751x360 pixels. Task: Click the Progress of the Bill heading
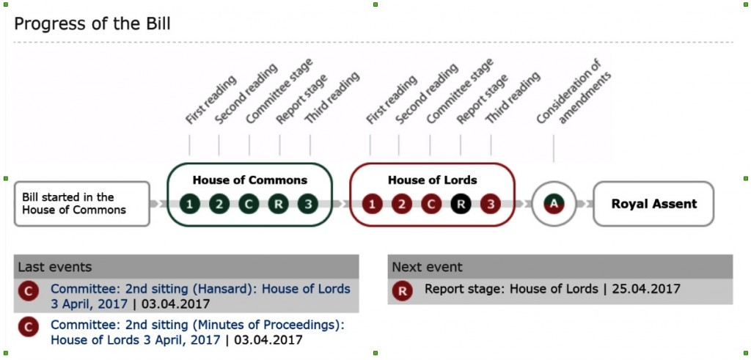(92, 23)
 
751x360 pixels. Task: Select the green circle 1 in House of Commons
(190, 205)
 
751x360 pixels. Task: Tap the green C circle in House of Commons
(249, 205)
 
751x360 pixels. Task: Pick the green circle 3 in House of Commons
(308, 205)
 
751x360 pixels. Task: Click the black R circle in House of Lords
(461, 205)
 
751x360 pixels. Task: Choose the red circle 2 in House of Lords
(402, 205)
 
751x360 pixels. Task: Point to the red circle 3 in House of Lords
(491, 205)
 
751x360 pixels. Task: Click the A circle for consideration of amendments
(554, 204)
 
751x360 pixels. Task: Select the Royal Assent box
(653, 203)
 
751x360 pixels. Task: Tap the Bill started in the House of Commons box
(82, 203)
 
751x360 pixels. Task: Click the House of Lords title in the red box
(433, 180)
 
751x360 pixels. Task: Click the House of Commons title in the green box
(250, 180)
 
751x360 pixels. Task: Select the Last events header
(55, 267)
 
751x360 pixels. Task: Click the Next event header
(428, 267)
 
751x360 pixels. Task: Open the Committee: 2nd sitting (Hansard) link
(201, 296)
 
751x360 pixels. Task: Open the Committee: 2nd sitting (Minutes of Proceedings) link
(198, 332)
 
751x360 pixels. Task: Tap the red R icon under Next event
(403, 292)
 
